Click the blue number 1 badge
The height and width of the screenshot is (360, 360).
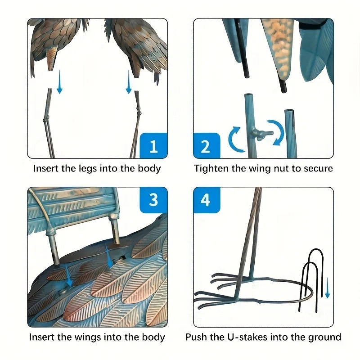tap(154, 145)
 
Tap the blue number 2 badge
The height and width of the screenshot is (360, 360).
tap(207, 145)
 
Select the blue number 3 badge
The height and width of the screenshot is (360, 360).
tap(154, 200)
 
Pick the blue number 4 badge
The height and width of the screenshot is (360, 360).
tap(207, 200)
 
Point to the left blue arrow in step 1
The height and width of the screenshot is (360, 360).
tap(60, 82)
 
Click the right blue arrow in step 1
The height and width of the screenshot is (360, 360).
tap(129, 82)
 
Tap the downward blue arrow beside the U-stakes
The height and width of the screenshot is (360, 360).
tap(328, 288)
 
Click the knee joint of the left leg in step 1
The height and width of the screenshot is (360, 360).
tap(46, 120)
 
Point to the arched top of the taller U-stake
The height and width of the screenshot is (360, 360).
tap(316, 250)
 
